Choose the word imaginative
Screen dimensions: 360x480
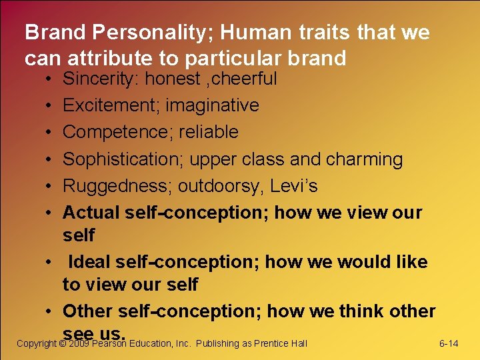click(x=212, y=105)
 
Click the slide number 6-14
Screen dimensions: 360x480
click(x=449, y=343)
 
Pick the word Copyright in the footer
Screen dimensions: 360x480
click(x=36, y=343)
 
